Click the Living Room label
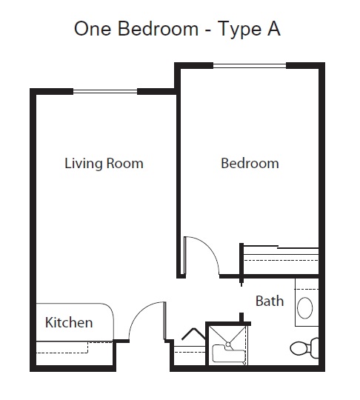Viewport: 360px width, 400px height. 104,164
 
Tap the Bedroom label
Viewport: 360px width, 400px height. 250,163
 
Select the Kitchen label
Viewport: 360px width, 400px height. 69,322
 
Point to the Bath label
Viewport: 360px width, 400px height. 270,301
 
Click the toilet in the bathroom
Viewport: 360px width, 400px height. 304,348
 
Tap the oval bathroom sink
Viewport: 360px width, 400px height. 305,307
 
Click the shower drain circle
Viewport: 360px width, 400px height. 228,344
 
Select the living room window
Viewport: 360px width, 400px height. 105,91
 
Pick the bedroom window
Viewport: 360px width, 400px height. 250,66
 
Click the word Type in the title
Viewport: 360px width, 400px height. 240,29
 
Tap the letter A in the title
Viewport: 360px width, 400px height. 274,28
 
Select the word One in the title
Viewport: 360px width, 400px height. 93,28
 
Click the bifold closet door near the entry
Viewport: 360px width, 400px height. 194,334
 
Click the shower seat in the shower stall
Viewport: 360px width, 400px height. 228,353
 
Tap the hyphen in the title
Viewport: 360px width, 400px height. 208,30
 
